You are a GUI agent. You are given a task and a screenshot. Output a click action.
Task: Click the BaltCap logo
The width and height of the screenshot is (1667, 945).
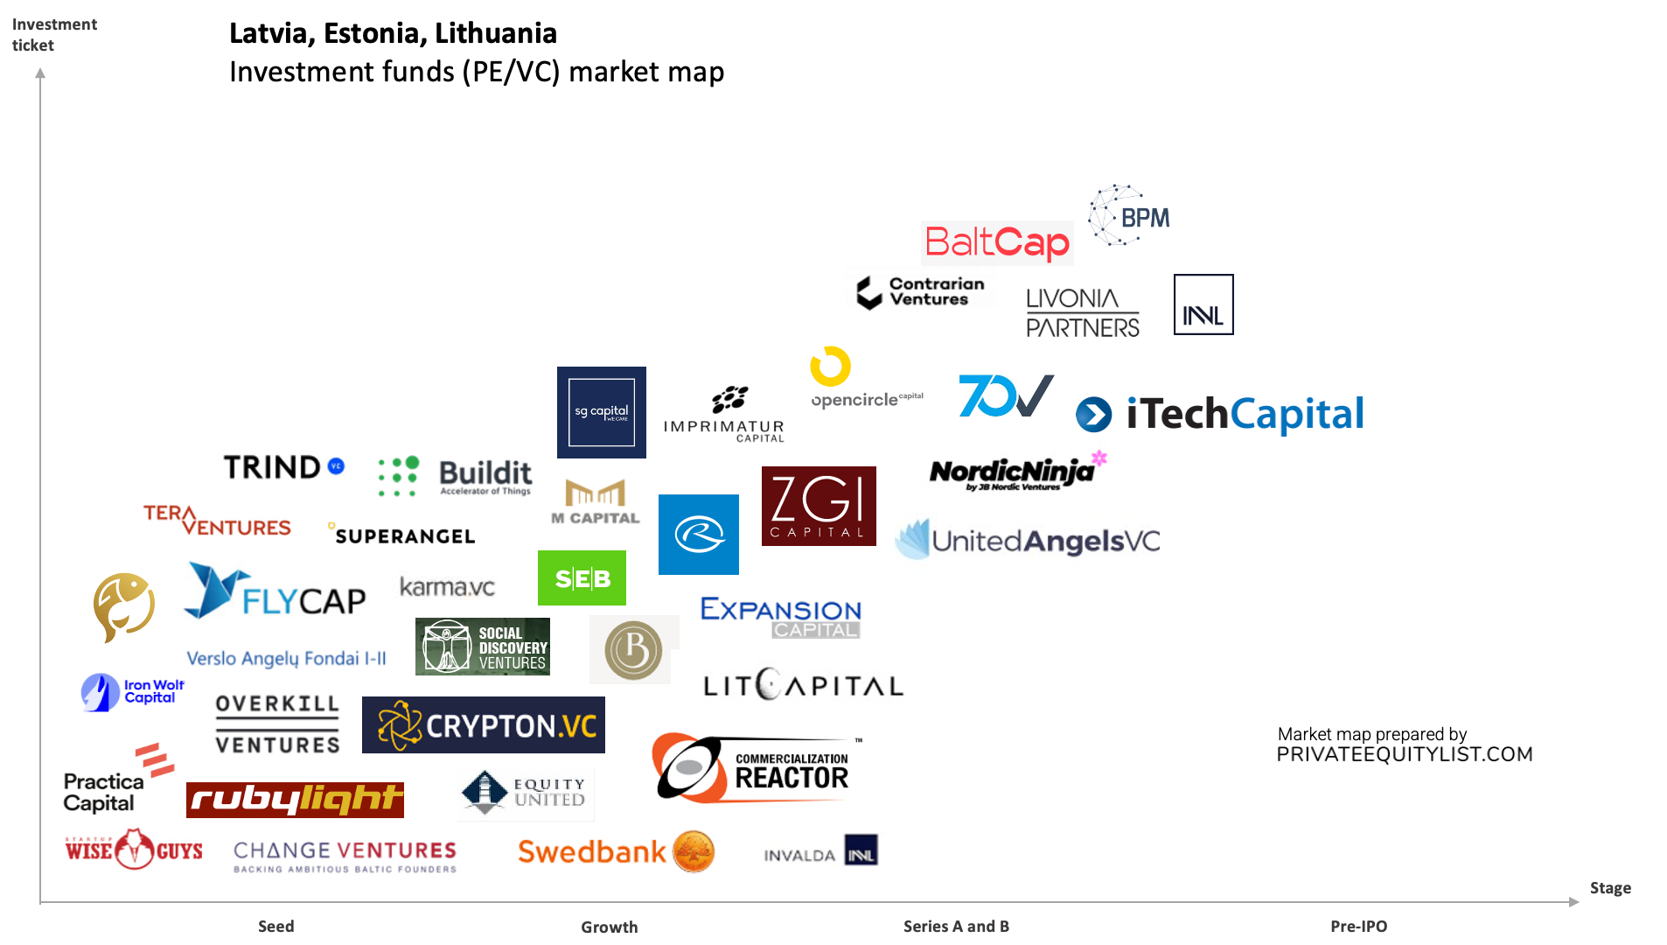point(997,243)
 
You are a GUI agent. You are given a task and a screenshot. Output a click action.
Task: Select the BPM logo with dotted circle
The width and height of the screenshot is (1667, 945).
point(1129,216)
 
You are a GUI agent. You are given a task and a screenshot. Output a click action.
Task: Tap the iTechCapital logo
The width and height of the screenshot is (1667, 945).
point(1220,414)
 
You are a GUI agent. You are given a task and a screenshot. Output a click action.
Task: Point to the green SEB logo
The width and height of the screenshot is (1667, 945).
point(582,578)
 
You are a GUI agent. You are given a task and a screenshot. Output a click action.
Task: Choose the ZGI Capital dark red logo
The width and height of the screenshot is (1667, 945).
point(819,506)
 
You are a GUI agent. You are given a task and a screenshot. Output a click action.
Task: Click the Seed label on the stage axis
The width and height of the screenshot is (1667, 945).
point(276,926)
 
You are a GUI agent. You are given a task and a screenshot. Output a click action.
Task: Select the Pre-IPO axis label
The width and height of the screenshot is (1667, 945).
point(1358,926)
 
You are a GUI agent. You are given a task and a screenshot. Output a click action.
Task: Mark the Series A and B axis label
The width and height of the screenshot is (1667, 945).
point(956,926)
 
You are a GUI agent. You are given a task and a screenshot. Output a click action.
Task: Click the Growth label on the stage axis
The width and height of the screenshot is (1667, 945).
point(609,927)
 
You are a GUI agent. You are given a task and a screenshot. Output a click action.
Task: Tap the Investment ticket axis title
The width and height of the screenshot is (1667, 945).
point(54,35)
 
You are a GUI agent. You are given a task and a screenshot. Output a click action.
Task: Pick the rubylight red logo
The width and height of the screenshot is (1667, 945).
point(295,800)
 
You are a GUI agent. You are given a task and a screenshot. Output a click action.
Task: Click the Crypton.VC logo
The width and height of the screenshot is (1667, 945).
point(484,725)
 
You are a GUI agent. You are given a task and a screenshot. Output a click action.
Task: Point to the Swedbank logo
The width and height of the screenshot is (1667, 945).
point(616,851)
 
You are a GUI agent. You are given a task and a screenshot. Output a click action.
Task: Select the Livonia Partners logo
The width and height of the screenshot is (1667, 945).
point(1082,312)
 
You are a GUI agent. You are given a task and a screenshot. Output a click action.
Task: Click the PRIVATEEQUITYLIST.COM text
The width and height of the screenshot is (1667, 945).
point(1404,754)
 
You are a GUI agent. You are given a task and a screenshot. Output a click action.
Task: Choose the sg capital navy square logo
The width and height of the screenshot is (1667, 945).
point(602,412)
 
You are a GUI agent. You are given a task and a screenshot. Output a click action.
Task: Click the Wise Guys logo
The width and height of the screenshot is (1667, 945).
point(134,850)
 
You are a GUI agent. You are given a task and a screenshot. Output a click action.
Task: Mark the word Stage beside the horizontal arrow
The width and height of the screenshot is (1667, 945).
point(1609,888)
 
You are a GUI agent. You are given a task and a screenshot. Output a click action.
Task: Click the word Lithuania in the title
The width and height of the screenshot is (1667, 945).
point(496,33)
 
